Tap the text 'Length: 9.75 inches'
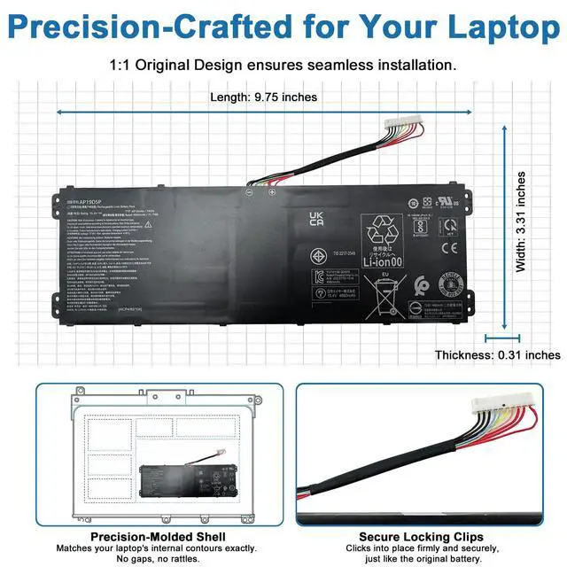tap(263, 97)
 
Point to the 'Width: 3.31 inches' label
tap(521, 221)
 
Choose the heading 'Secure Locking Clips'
tap(421, 537)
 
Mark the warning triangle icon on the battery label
tap(147, 225)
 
